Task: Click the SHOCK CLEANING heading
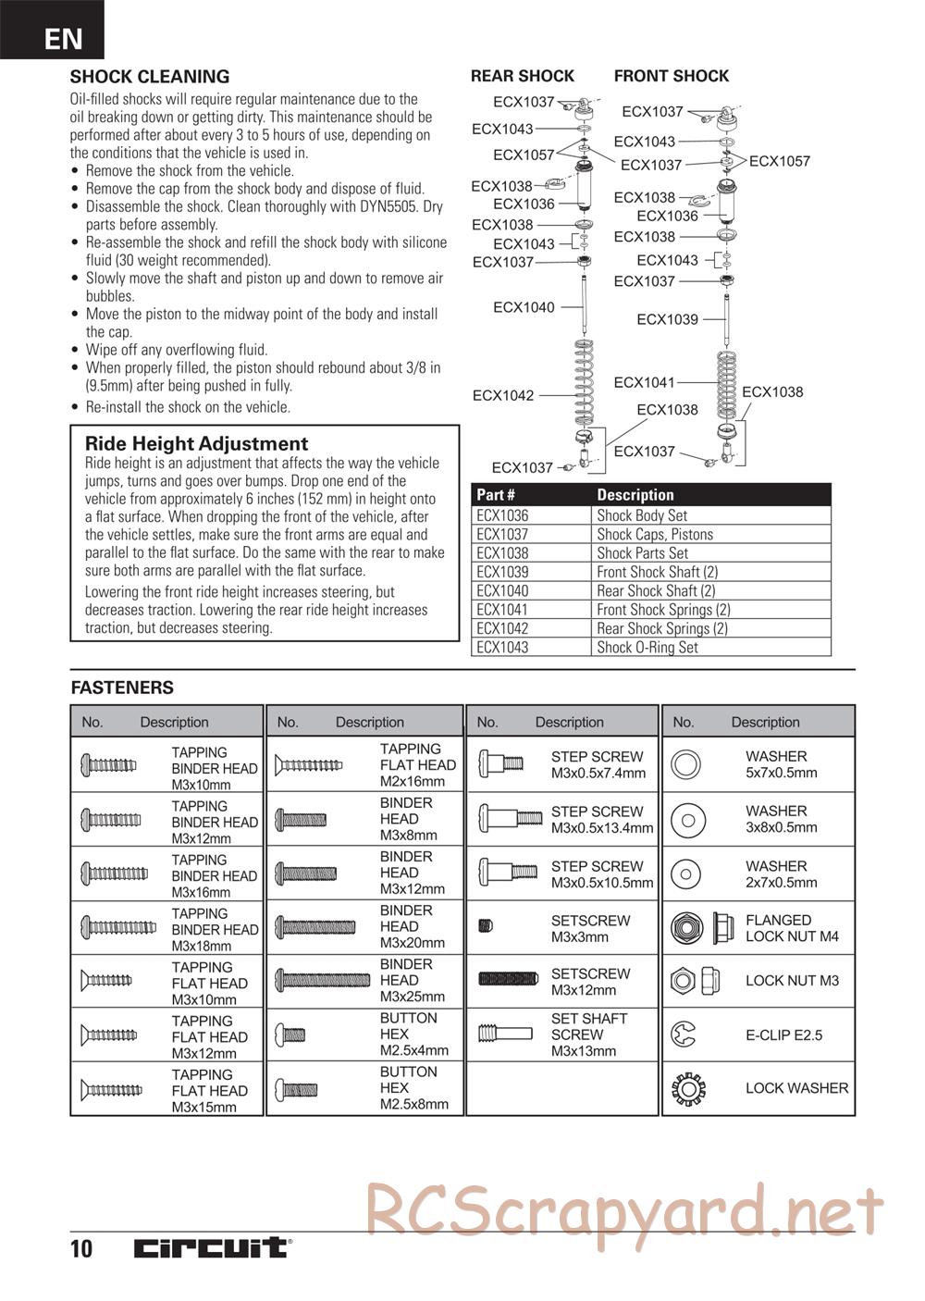150,77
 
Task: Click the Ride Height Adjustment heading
196,443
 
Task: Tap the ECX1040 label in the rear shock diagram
524,307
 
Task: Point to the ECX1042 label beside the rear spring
503,395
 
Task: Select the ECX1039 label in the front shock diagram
667,319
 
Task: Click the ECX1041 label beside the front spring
644,382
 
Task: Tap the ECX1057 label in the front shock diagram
779,161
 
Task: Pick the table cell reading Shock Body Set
642,515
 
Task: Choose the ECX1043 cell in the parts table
502,647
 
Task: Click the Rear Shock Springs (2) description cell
661,628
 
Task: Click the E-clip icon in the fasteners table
685,1035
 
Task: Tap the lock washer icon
687,1088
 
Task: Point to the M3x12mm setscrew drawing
508,979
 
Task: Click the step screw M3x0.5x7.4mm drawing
500,764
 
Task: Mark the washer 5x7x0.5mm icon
686,764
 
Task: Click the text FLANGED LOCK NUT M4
792,928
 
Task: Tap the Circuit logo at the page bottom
211,1248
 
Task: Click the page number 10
81,1248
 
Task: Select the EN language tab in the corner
62,38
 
